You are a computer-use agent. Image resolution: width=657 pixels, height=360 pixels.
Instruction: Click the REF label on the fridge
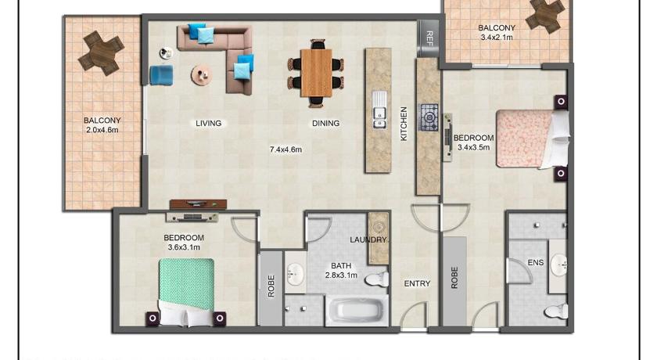[429, 38]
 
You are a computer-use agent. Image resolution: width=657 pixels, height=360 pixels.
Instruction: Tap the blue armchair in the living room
[162, 75]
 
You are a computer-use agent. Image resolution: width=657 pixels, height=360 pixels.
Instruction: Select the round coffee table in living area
[202, 75]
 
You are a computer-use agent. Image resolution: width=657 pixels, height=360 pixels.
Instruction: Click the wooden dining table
[316, 73]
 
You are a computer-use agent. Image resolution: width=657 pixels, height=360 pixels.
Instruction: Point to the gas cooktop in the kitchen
[429, 117]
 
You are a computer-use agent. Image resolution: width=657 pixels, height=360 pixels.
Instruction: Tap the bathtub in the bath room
[357, 311]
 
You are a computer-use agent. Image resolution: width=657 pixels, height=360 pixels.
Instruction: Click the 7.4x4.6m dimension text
[285, 149]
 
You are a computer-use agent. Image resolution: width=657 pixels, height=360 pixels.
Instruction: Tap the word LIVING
[209, 123]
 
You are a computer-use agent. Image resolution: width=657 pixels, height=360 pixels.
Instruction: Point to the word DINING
[325, 123]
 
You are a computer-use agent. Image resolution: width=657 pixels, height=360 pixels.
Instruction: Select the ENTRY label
[417, 284]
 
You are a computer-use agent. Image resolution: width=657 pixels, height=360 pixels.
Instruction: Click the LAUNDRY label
[368, 239]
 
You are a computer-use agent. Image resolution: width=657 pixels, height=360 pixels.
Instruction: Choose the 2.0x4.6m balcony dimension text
[102, 130]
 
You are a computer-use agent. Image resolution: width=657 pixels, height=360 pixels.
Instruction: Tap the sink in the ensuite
[559, 265]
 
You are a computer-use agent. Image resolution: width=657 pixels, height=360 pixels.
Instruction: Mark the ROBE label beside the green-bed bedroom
[271, 286]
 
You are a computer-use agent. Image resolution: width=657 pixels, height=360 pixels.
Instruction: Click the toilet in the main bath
[377, 279]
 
